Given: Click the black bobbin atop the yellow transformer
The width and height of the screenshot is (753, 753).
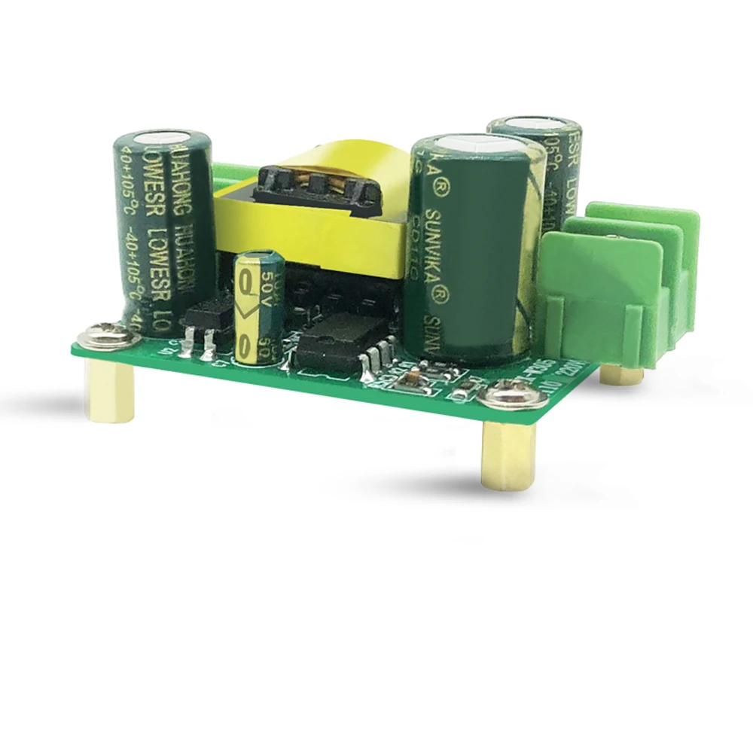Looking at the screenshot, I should click(316, 184).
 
